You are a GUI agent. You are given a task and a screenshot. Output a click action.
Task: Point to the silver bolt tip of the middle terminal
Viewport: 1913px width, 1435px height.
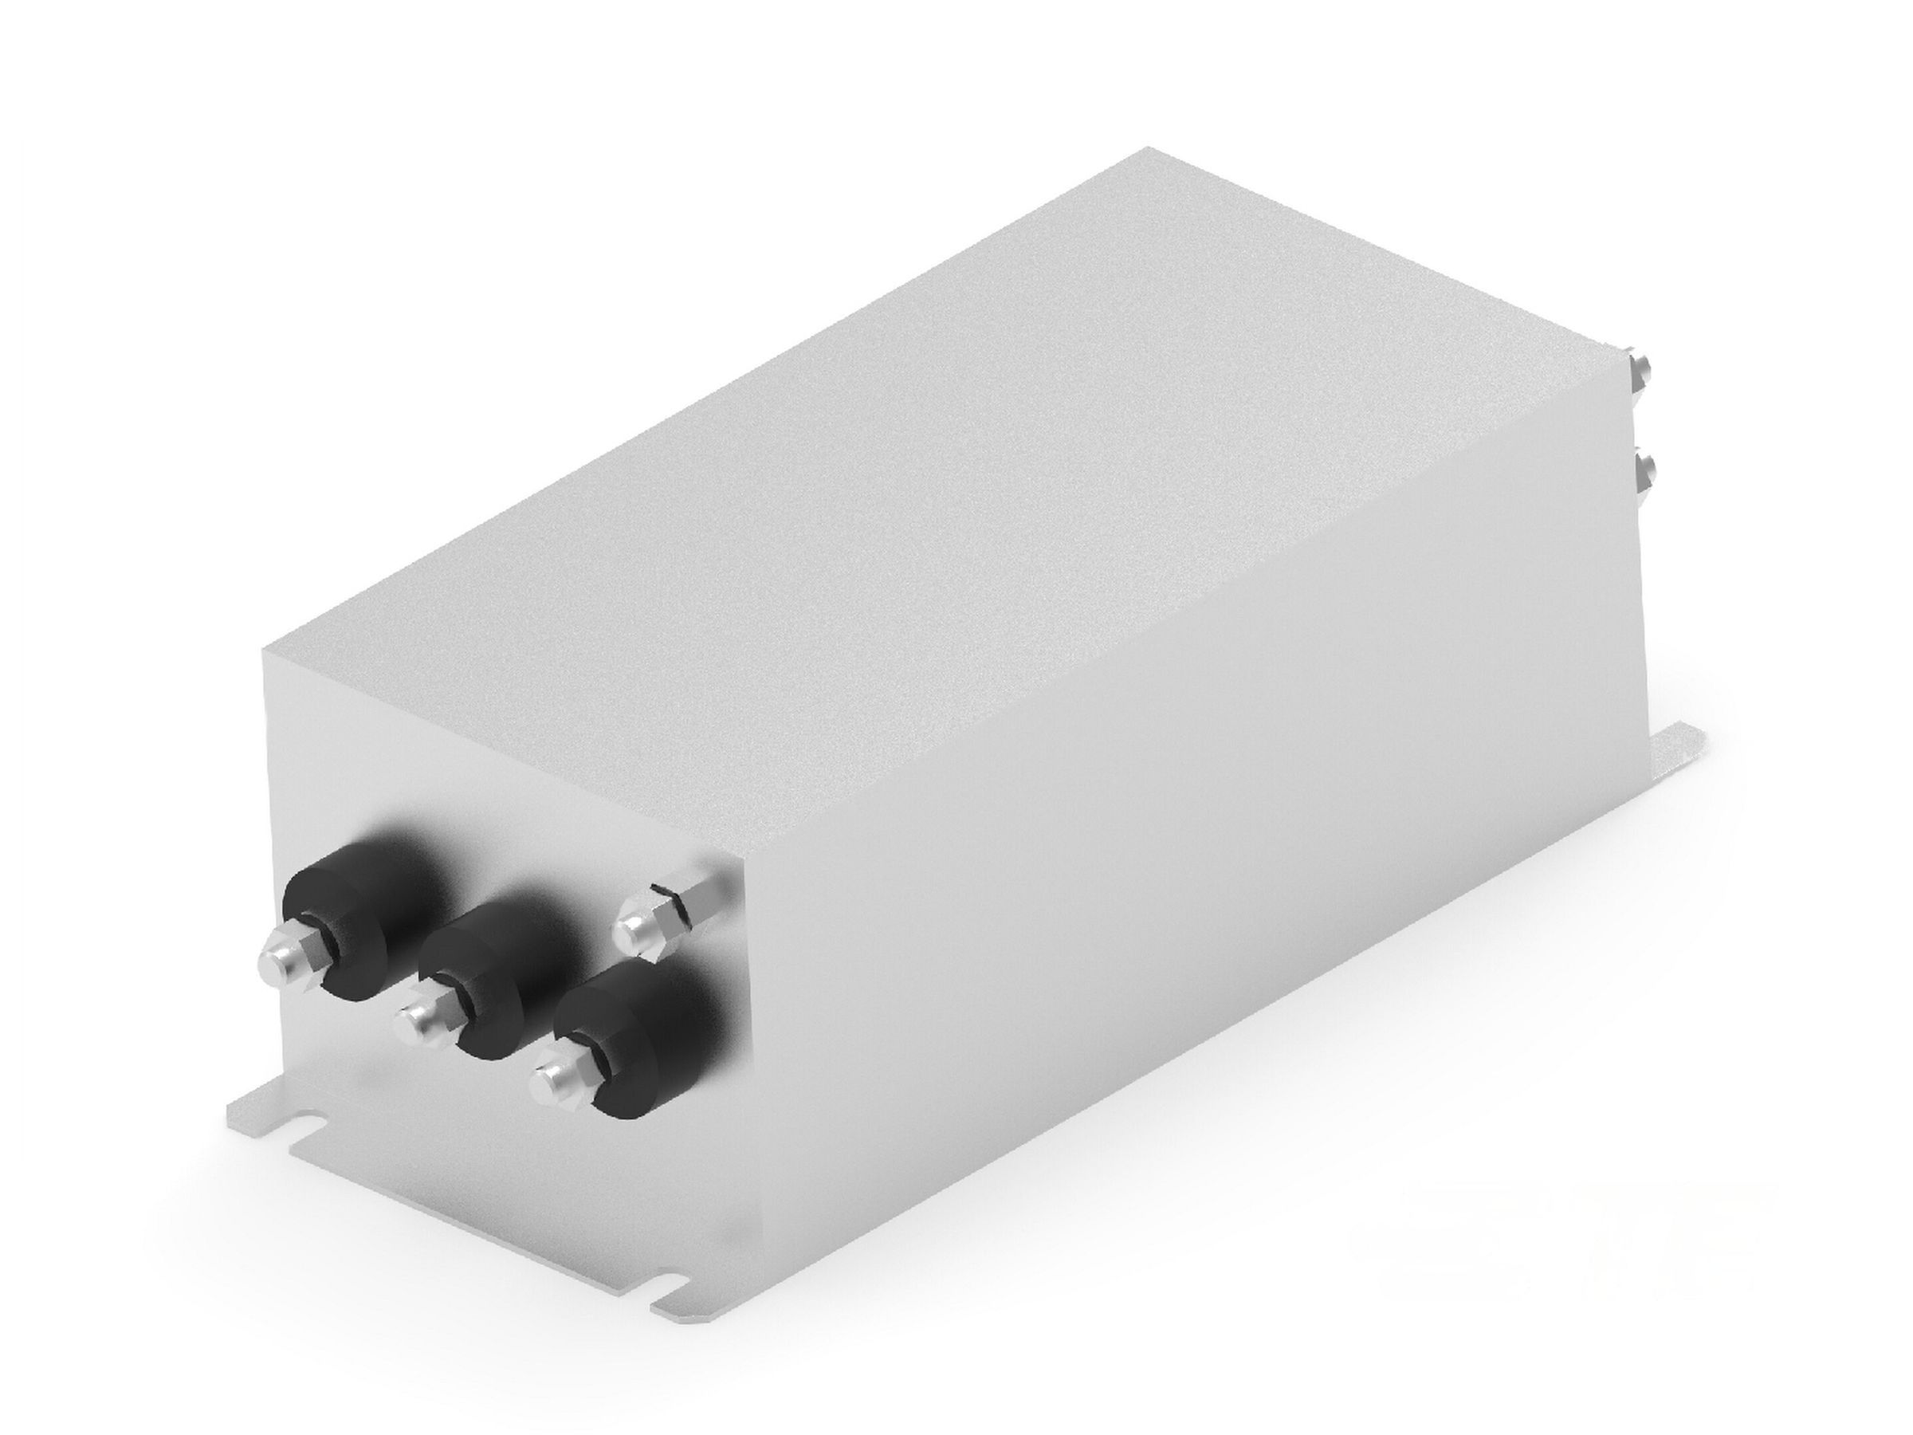point(414,1026)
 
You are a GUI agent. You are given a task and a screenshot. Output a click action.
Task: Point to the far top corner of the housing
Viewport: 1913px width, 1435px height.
point(1150,149)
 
